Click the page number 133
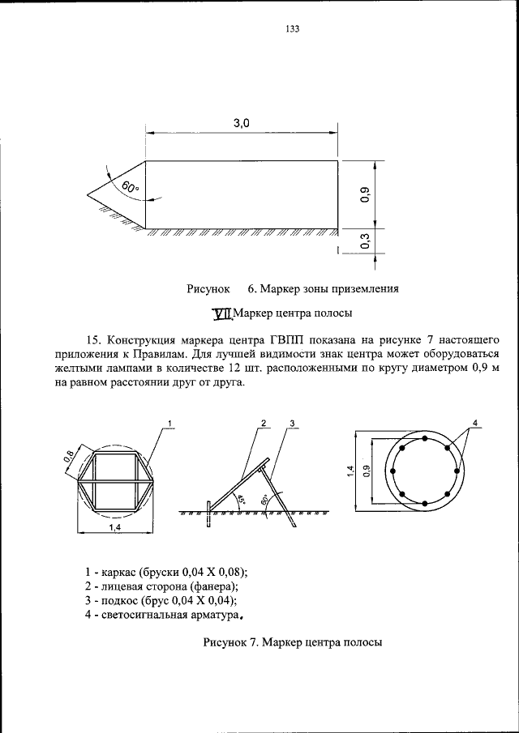coord(293,29)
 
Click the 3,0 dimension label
coord(242,123)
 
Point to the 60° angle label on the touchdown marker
coord(131,188)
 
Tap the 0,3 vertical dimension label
coord(366,241)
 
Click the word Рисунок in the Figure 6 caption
coord(209,288)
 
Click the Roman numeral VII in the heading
coord(221,313)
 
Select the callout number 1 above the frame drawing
coord(170,423)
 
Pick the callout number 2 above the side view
coord(264,423)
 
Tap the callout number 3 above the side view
coord(291,423)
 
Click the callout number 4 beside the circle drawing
coord(477,423)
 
